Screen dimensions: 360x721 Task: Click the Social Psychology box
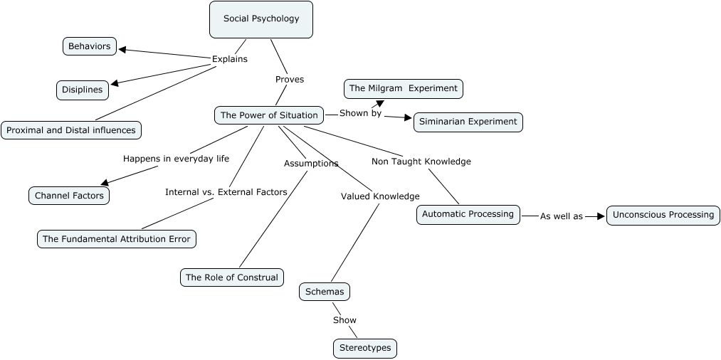[261, 19]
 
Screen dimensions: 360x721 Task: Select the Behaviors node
[90, 46]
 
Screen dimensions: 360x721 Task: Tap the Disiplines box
[83, 90]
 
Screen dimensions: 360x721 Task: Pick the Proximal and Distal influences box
[71, 130]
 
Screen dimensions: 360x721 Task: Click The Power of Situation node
[269, 115]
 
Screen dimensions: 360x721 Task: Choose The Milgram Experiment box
[404, 88]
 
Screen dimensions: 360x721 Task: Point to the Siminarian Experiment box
[468, 122]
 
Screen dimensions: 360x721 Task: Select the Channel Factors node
[69, 196]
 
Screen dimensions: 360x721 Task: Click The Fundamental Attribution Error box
[116, 239]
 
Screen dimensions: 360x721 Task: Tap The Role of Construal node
[232, 277]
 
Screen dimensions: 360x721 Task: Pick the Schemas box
[325, 292]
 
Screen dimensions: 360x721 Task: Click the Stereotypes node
[364, 349]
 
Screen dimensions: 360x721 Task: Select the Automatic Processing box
[468, 214]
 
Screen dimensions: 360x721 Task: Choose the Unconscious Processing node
[663, 215]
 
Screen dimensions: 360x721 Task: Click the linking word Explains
[230, 59]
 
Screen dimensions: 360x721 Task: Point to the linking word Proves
[290, 80]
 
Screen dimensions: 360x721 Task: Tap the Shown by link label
[360, 113]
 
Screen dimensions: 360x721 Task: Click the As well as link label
[561, 216]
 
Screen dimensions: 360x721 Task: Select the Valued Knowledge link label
[380, 196]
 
